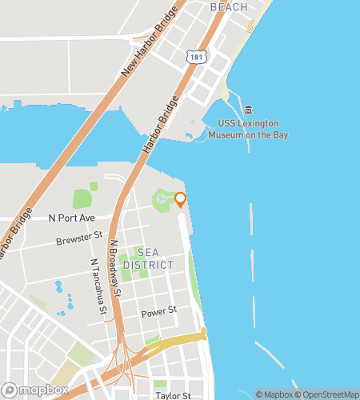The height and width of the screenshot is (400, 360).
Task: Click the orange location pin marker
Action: click(x=180, y=199)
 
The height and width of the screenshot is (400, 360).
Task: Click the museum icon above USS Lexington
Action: click(x=248, y=110)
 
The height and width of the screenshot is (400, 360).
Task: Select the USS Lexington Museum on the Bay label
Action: click(x=248, y=130)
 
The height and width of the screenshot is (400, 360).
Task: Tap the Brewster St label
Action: click(x=79, y=238)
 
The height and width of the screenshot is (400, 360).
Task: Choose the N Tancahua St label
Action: click(x=98, y=285)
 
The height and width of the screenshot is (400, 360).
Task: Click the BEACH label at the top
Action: click(x=228, y=6)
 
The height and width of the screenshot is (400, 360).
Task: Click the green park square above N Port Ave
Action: click(x=82, y=198)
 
